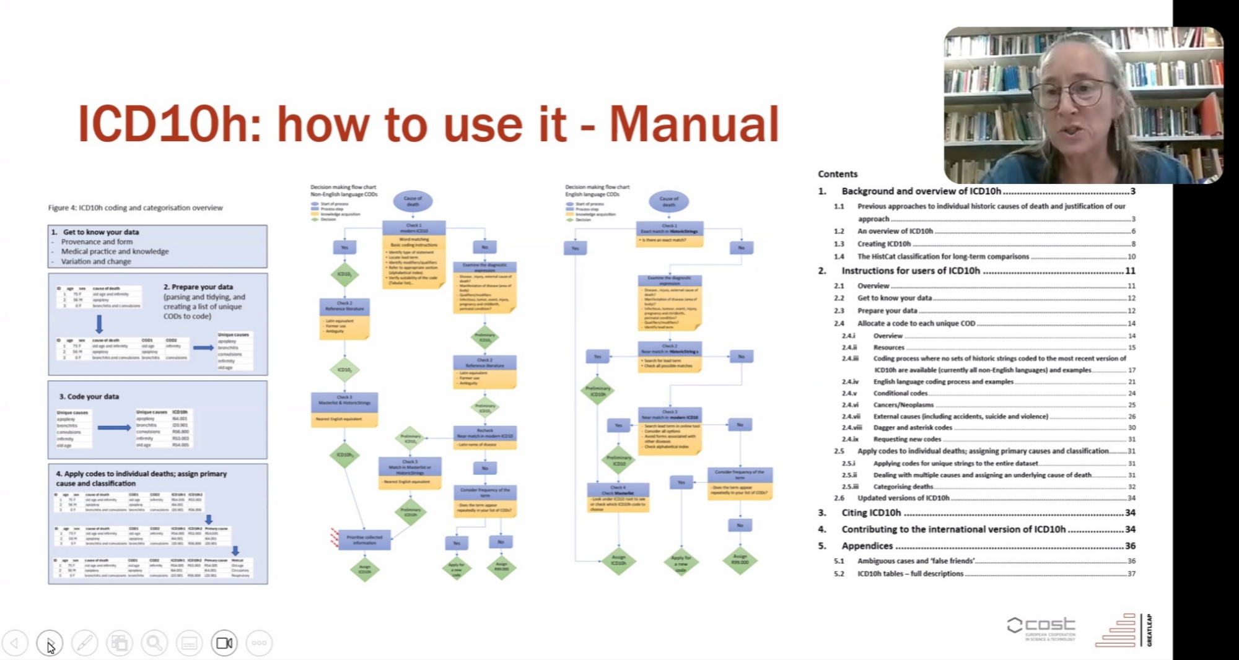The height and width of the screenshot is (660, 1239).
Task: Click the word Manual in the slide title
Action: click(x=694, y=124)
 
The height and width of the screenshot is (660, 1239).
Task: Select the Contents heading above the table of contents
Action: click(x=838, y=174)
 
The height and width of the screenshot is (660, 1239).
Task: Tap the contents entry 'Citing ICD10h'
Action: click(x=871, y=513)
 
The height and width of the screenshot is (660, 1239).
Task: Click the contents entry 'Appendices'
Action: click(x=867, y=545)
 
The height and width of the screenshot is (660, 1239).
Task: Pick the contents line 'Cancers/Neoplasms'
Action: click(x=903, y=405)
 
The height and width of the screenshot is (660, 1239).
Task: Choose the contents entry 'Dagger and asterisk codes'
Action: click(x=913, y=428)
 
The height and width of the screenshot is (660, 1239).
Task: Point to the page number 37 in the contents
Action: click(x=1131, y=574)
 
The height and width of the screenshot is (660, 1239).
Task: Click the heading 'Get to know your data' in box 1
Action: click(x=100, y=232)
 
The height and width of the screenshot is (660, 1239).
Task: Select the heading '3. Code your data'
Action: click(x=89, y=396)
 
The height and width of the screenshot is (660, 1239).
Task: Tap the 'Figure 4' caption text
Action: click(x=136, y=208)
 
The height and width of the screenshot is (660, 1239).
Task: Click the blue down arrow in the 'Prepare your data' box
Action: click(x=99, y=324)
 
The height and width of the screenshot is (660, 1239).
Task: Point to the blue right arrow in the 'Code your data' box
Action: click(x=114, y=427)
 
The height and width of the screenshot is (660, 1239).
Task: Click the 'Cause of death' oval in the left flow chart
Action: click(x=413, y=201)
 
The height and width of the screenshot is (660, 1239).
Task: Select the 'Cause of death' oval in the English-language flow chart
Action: click(x=668, y=201)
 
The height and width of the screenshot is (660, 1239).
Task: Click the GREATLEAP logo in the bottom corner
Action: click(x=1123, y=630)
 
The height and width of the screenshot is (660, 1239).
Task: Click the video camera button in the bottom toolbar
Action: click(x=224, y=643)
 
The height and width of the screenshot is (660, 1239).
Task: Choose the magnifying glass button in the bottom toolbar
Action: click(x=154, y=643)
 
